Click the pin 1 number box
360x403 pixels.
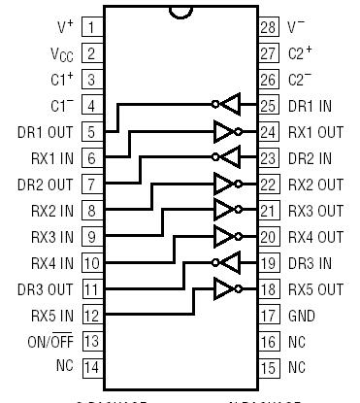pyautogui.click(x=91, y=27)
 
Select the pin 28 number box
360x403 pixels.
pyautogui.click(x=269, y=27)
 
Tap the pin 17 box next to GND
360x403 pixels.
pyautogui.click(x=269, y=316)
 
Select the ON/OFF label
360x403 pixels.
pyautogui.click(x=47, y=342)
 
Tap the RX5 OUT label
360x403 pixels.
pyautogui.click(x=316, y=289)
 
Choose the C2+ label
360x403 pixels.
pyautogui.click(x=302, y=53)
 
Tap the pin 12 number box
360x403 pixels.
pyautogui.click(x=91, y=316)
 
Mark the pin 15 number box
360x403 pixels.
pyautogui.click(x=269, y=368)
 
